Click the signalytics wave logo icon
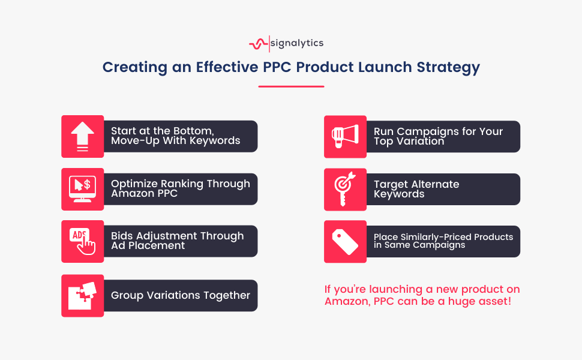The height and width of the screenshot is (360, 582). pyautogui.click(x=259, y=44)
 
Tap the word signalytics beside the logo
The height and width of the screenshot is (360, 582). pyautogui.click(x=297, y=43)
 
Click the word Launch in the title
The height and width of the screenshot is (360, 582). pyautogui.click(x=385, y=67)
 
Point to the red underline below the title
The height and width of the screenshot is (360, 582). pyautogui.click(x=292, y=86)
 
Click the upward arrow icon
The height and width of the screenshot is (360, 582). pyautogui.click(x=82, y=137)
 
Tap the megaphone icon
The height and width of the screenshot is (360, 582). pyautogui.click(x=345, y=137)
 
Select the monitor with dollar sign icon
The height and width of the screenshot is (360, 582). pyautogui.click(x=82, y=189)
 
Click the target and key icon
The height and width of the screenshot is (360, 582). pyautogui.click(x=345, y=189)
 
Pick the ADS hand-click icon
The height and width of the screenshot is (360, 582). pyautogui.click(x=82, y=241)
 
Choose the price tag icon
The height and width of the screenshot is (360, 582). pyautogui.click(x=345, y=242)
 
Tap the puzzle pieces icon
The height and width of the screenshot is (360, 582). pyautogui.click(x=82, y=296)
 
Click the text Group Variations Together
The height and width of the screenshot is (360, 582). pyautogui.click(x=181, y=295)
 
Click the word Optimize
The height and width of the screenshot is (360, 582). pyautogui.click(x=134, y=184)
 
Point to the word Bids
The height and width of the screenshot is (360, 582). pyautogui.click(x=122, y=236)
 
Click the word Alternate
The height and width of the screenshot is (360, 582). pyautogui.click(x=435, y=184)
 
